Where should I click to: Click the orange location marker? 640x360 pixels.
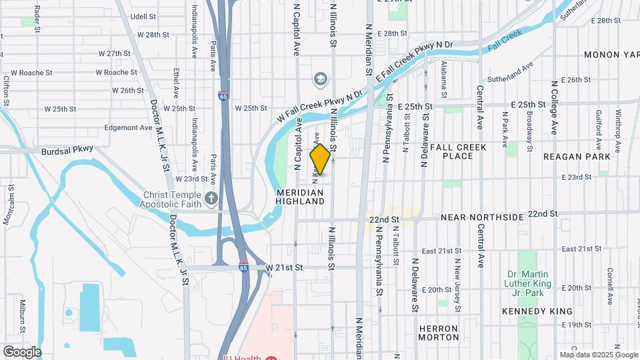pos(320,159)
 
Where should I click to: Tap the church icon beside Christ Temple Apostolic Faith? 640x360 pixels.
pos(211,197)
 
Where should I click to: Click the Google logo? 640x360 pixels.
pos(22,351)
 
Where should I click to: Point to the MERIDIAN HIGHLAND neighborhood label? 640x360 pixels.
pos(299,197)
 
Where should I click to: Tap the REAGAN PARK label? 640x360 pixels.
pos(577,157)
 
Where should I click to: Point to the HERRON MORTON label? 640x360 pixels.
pos(439,333)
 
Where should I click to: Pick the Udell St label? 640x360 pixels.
pos(143,16)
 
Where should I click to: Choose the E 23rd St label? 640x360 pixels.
pos(577,177)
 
